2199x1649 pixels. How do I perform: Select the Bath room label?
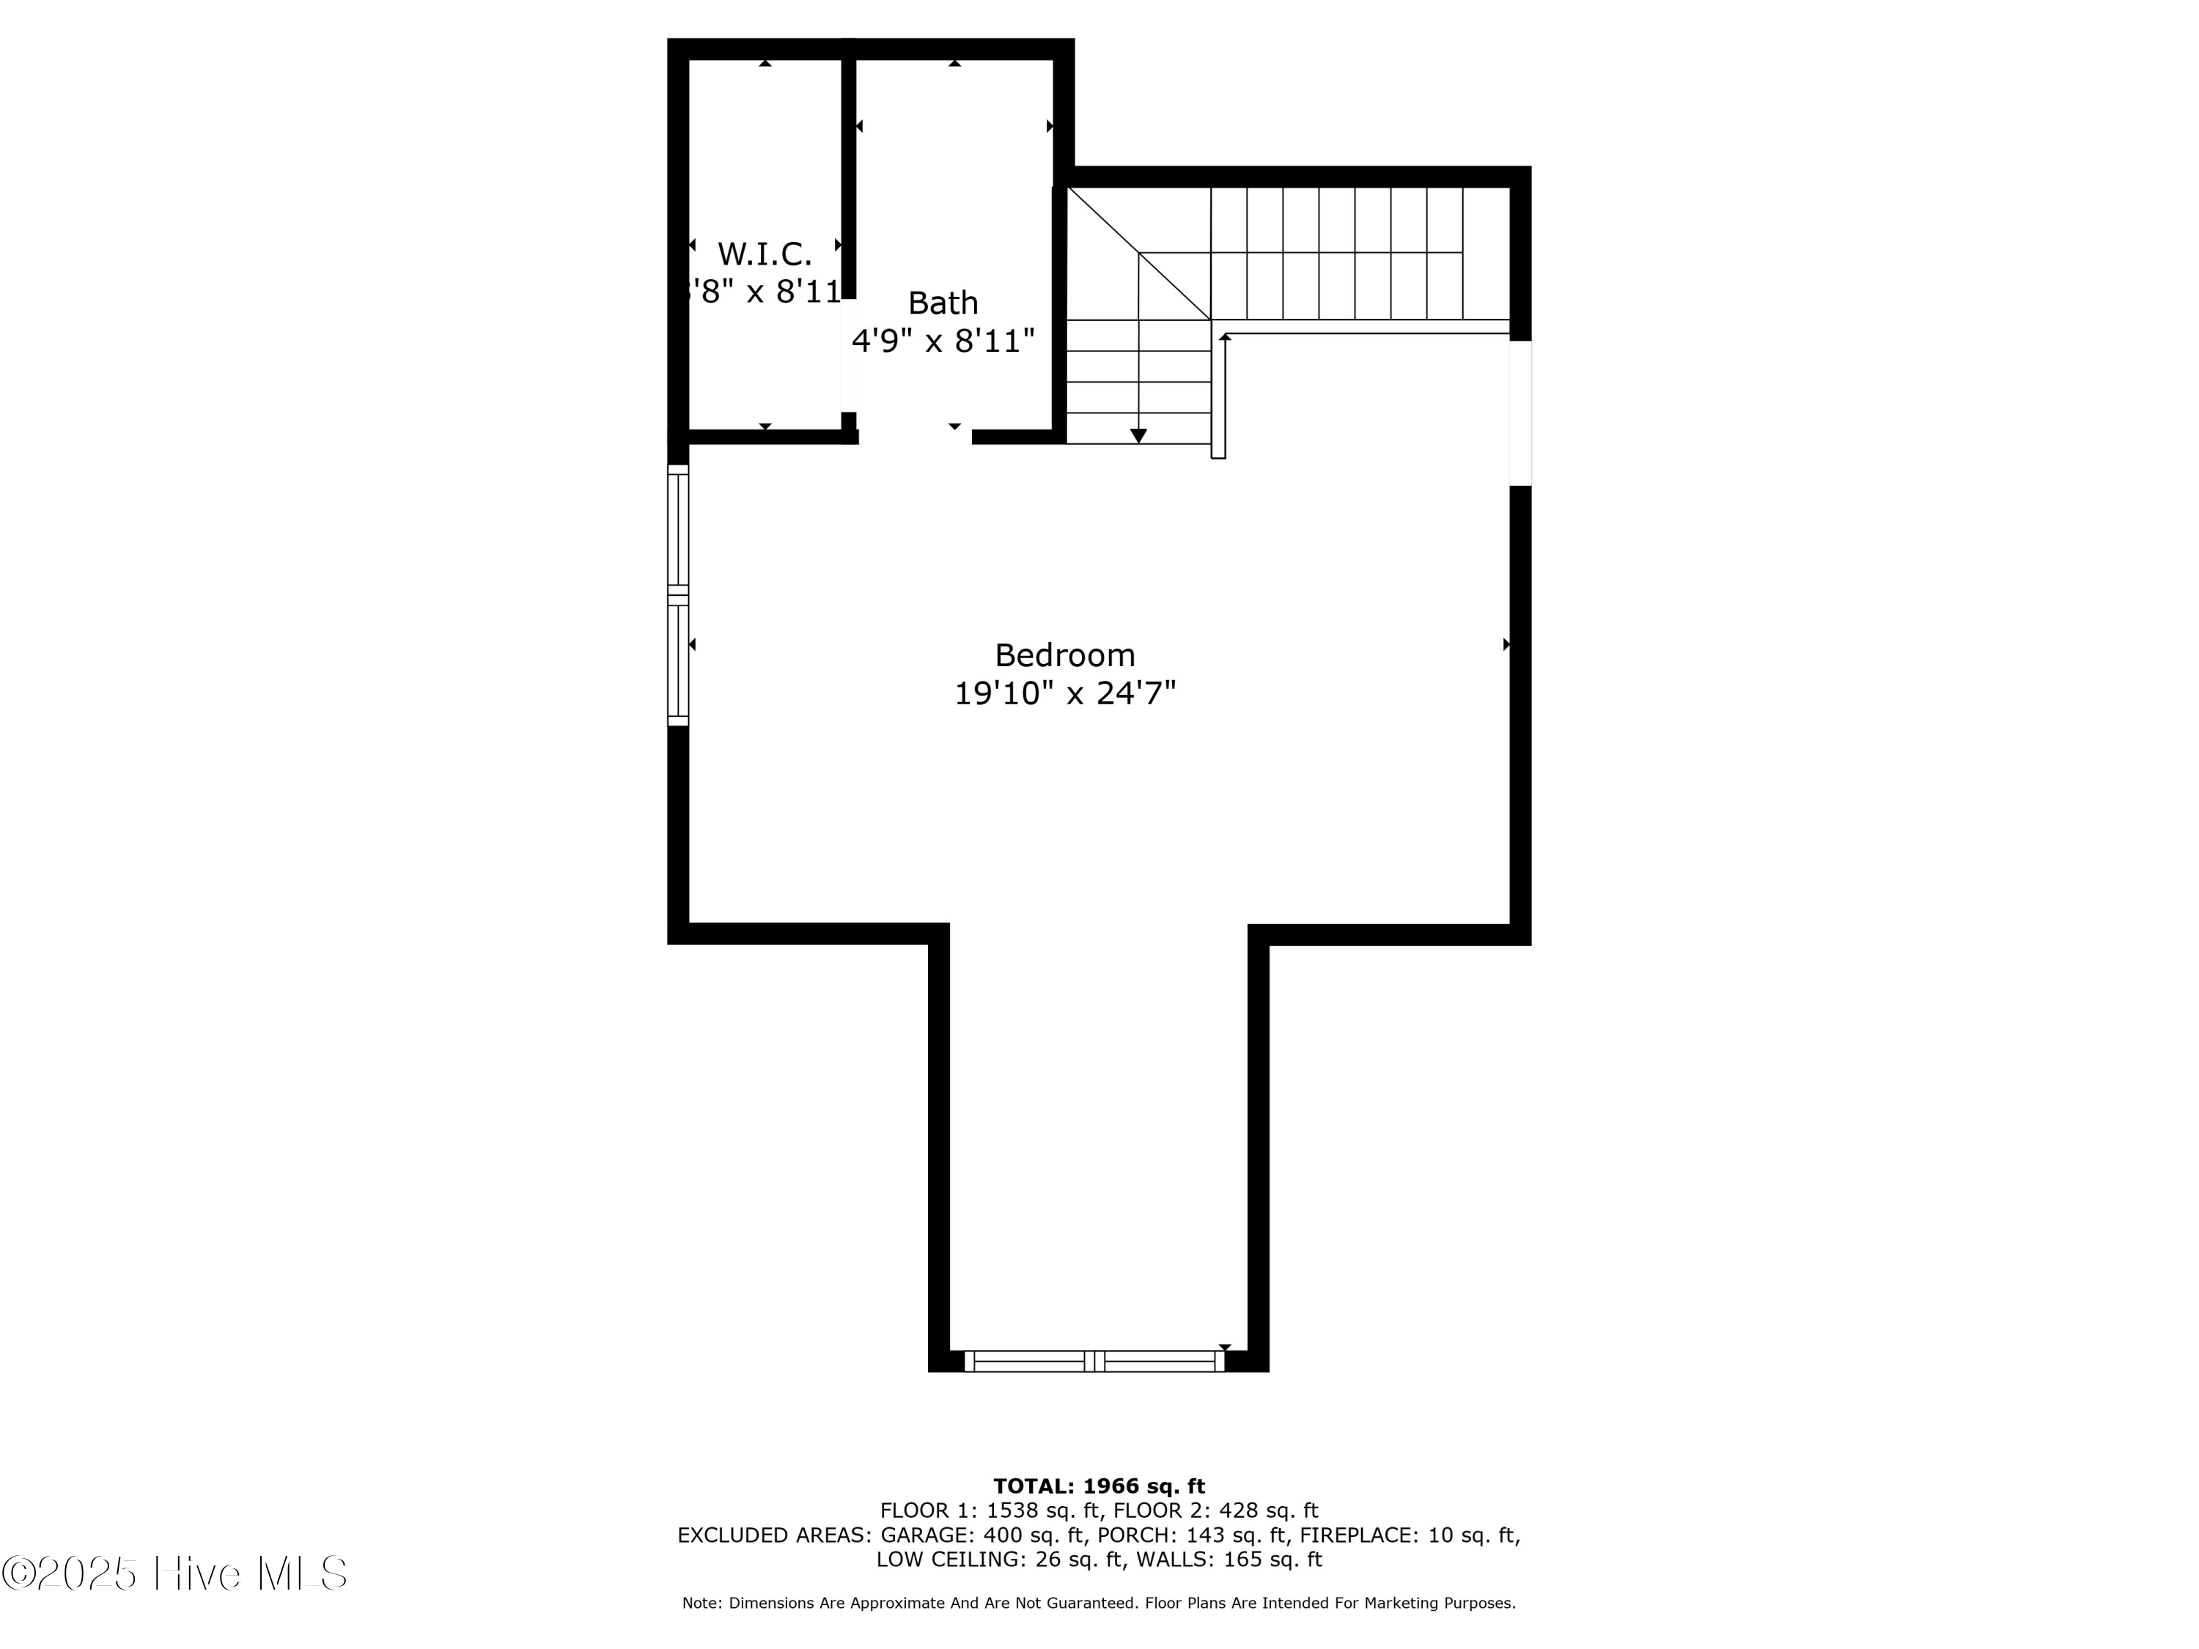coord(943,302)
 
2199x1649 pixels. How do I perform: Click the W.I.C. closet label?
coord(764,254)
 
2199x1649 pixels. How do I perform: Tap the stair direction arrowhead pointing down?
coord(1138,435)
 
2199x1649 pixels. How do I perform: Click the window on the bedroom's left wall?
coord(678,595)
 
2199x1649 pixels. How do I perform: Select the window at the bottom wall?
coord(1094,1361)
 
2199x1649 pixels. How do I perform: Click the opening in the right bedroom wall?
coord(1520,413)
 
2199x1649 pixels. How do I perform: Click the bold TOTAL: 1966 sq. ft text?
coord(1099,1486)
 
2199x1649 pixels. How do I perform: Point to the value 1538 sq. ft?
coord(1043,1510)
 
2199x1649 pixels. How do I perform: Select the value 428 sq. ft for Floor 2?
coord(1269,1510)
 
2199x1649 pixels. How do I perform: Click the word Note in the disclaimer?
coord(701,1604)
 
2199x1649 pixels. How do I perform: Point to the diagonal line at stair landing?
coord(1138,254)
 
